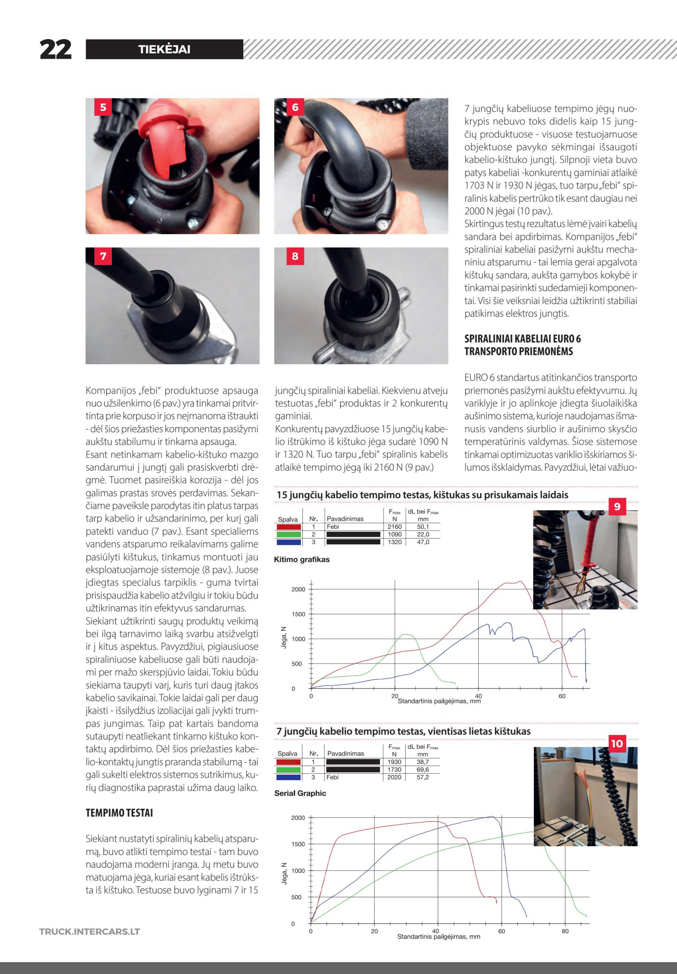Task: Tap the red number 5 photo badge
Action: [103, 107]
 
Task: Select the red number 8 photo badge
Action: [295, 256]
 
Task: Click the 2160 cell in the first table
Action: [394, 527]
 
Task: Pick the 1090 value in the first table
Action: [394, 534]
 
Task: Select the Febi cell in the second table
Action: [333, 777]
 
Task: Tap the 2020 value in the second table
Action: [394, 777]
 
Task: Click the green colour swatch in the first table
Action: [288, 534]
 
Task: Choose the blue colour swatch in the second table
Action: [288, 777]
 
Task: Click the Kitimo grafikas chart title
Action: [302, 559]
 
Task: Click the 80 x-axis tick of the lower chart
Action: [565, 931]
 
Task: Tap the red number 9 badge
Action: [617, 506]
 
